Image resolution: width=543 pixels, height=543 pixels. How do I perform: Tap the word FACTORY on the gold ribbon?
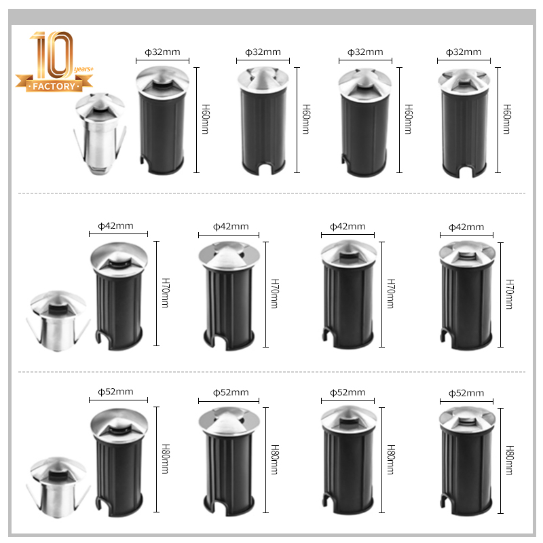pos(54,86)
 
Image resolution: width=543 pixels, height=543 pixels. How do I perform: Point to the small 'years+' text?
pos(83,69)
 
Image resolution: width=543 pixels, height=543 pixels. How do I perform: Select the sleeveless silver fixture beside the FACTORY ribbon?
pos(100,133)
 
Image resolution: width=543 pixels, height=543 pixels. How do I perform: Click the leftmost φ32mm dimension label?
pos(162,52)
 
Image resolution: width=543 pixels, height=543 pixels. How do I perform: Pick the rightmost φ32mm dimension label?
pos(464,52)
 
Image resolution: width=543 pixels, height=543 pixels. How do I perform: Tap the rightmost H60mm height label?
pos(506,119)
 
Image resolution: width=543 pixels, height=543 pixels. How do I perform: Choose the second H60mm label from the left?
pos(306,119)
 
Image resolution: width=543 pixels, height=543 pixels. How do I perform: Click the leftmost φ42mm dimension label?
pos(115,226)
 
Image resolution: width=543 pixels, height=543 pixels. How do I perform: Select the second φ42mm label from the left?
pos(231,227)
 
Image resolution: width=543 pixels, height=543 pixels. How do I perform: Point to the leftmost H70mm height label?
pos(166,293)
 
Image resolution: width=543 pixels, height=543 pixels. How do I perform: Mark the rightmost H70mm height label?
pos(510,295)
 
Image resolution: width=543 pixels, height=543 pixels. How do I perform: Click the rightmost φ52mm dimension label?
pos(466,393)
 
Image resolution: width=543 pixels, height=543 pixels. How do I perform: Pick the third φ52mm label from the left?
pos(348,392)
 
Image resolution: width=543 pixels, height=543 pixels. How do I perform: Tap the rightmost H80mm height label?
pos(510,461)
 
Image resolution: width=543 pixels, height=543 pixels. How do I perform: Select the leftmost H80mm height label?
pos(166,460)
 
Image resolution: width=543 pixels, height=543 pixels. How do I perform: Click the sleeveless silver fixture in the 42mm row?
pos(58,321)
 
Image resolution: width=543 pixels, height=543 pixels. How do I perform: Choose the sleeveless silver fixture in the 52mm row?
pos(58,487)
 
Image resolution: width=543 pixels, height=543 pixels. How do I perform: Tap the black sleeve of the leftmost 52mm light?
pos(119,476)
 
